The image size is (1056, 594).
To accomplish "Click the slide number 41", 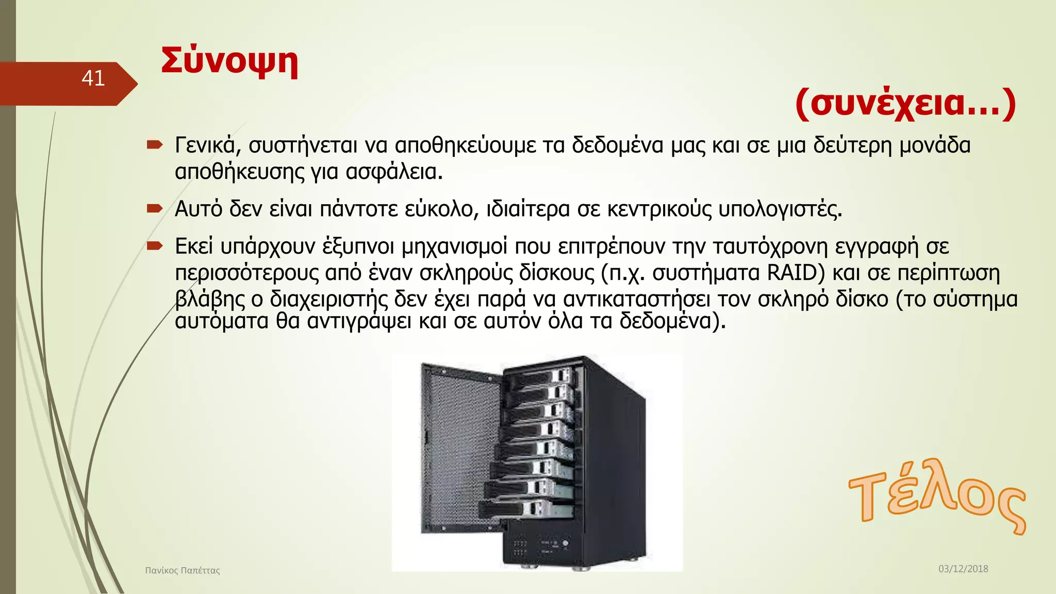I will point(93,78).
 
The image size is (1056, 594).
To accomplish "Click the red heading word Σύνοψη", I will point(229,62).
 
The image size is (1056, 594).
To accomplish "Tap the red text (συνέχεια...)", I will point(905,103).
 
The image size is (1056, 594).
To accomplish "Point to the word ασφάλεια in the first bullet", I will point(393,172).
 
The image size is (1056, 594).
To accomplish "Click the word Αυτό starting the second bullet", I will point(199,209).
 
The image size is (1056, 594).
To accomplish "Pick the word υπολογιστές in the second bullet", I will point(780,209).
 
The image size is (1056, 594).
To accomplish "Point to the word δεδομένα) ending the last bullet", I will point(672,321).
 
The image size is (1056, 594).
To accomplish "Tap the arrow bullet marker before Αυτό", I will point(154,208).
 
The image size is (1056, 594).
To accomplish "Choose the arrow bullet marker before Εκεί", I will point(154,246).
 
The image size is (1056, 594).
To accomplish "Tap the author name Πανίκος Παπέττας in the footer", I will point(183,570).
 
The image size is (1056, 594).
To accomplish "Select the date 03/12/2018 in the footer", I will point(963,569).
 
